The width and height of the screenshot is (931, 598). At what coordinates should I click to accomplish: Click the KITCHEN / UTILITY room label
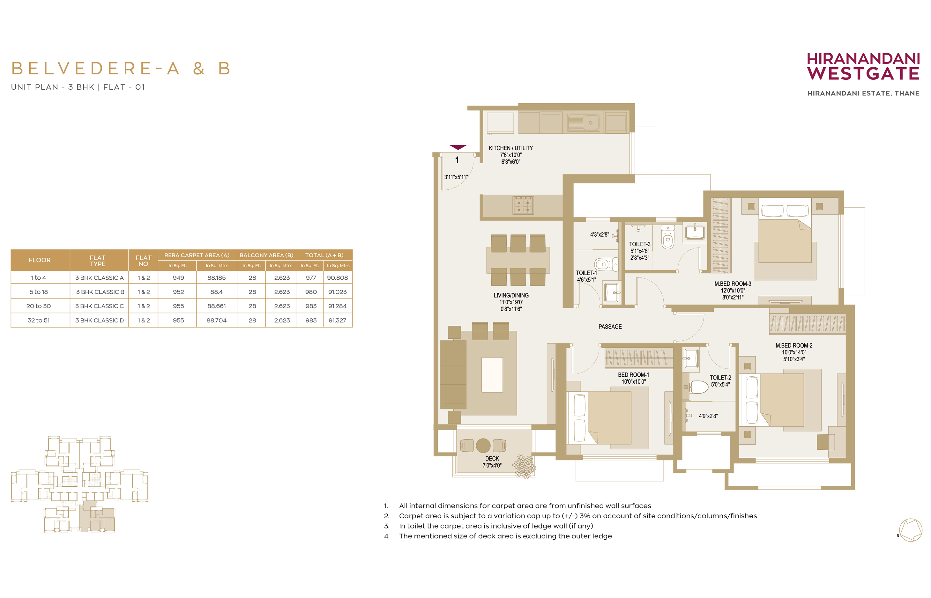point(510,148)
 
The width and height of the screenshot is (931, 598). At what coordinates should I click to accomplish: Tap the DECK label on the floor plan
point(492,459)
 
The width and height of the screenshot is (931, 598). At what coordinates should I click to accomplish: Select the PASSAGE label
point(610,327)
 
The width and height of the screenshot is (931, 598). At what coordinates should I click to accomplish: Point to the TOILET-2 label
point(720,377)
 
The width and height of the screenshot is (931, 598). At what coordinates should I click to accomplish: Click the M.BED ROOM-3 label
point(733,284)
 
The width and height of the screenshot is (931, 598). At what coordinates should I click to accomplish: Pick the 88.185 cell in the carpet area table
point(216,278)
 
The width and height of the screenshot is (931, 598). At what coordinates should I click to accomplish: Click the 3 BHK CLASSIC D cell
point(100,320)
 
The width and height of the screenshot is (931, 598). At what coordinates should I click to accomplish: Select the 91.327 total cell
point(337,320)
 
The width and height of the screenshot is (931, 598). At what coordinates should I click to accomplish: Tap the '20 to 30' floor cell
point(39,306)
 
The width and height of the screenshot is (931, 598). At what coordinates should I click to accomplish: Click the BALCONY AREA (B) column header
point(266,255)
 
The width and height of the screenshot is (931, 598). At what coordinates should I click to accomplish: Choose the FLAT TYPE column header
point(98,261)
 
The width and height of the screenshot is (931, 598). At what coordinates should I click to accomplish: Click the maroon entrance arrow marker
point(458,147)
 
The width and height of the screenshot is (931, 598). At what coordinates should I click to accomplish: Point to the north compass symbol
point(910,530)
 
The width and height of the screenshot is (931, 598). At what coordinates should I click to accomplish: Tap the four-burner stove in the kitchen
point(523,205)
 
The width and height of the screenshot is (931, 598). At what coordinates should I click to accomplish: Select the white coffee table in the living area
point(492,374)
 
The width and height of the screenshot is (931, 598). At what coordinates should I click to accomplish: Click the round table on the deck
point(483,446)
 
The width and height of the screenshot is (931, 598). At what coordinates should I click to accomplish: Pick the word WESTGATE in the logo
point(863,73)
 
